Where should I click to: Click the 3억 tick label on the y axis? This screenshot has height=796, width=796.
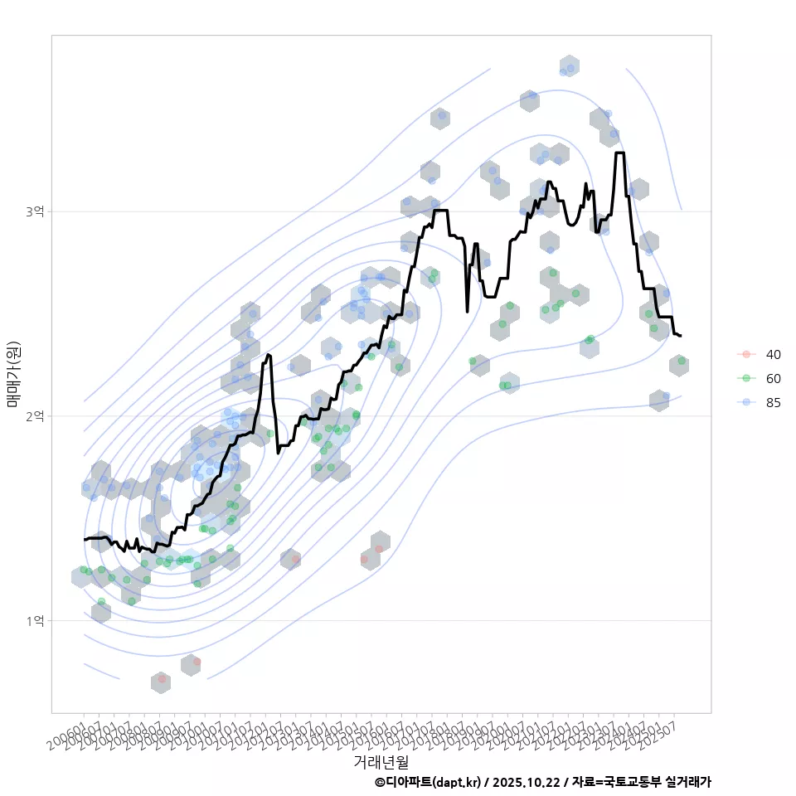coord(34,212)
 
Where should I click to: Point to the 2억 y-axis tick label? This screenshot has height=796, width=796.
coord(34,416)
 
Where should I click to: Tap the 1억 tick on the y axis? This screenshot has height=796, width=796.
coord(34,620)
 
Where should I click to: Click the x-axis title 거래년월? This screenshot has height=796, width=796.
coord(381,761)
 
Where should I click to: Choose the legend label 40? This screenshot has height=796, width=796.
coord(773,354)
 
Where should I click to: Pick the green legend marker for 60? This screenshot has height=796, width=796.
coord(746,379)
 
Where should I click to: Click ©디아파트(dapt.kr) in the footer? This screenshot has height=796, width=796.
coord(428,782)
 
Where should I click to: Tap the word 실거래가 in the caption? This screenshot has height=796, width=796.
coord(689,782)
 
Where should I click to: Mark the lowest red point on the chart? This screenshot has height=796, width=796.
coord(162,679)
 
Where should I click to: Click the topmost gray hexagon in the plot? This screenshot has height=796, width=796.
coord(569,66)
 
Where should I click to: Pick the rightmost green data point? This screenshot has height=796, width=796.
coord(682,362)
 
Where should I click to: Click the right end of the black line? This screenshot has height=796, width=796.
coord(681,336)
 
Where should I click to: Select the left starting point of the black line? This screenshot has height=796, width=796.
coord(84,540)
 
